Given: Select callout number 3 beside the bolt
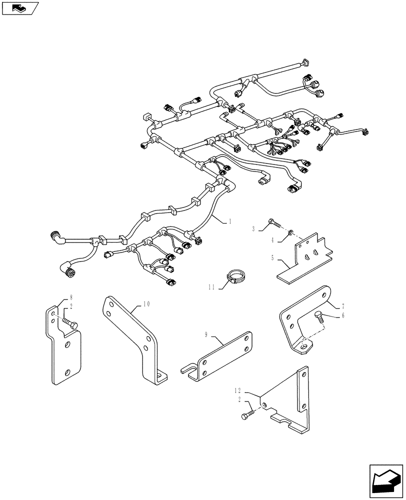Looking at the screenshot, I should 253,228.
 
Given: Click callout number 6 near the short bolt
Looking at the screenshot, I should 329,315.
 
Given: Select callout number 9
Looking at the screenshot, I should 206,334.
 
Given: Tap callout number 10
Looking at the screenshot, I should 146,303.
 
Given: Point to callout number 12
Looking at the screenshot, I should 238,389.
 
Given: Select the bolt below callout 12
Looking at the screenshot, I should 247,414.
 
